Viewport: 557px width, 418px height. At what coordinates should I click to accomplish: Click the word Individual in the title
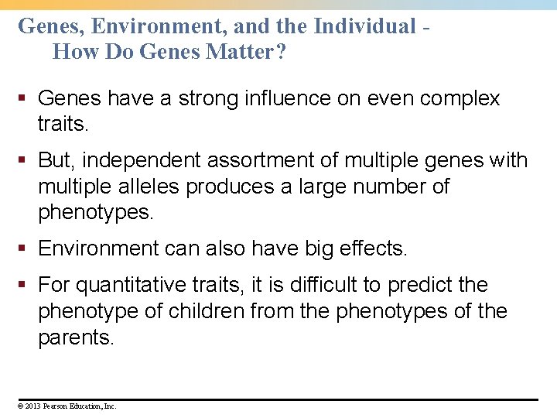(365, 26)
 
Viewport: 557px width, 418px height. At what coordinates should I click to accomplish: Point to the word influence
(291, 98)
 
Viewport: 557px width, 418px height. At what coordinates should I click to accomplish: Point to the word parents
(75, 337)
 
